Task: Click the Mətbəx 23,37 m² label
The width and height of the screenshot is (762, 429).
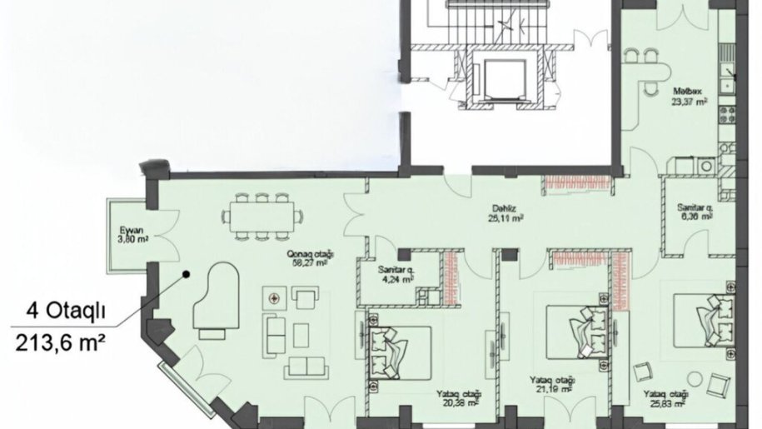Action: [690, 99]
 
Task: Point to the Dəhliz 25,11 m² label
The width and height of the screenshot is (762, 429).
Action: [506, 216]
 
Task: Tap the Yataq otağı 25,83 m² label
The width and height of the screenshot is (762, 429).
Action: [667, 398]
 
